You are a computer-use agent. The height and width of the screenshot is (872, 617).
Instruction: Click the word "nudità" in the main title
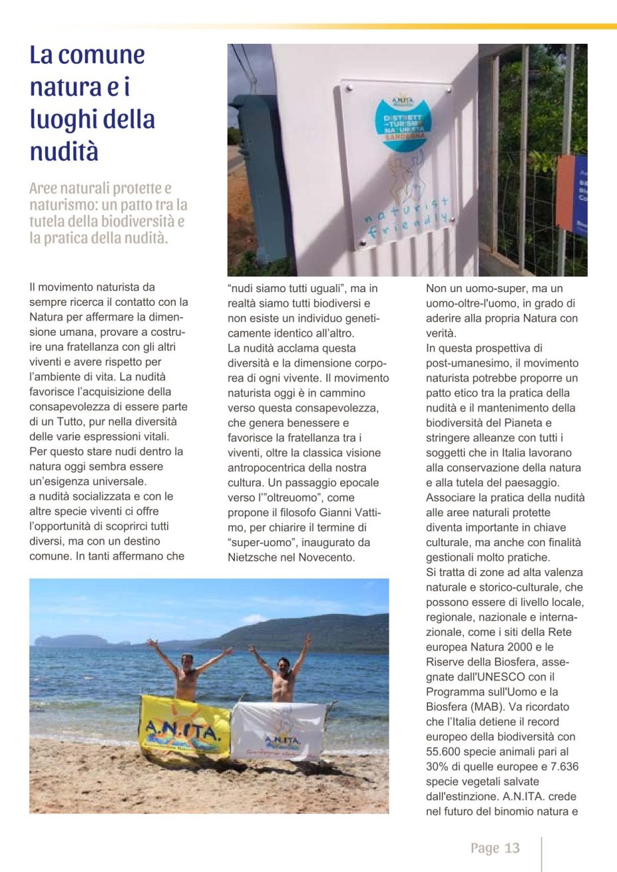64,152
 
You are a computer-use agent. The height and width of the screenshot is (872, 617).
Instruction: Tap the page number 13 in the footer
512,848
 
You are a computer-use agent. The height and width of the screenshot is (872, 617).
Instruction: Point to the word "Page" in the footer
484,848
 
